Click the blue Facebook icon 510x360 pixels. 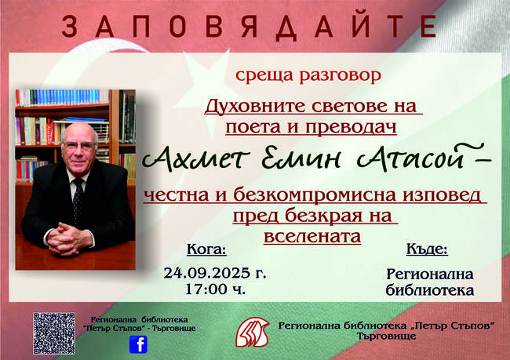140,344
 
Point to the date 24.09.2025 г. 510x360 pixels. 215,274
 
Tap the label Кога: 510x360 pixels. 206,250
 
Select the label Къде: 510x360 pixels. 427,250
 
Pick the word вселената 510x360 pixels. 307,233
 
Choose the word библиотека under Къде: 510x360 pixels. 429,290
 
